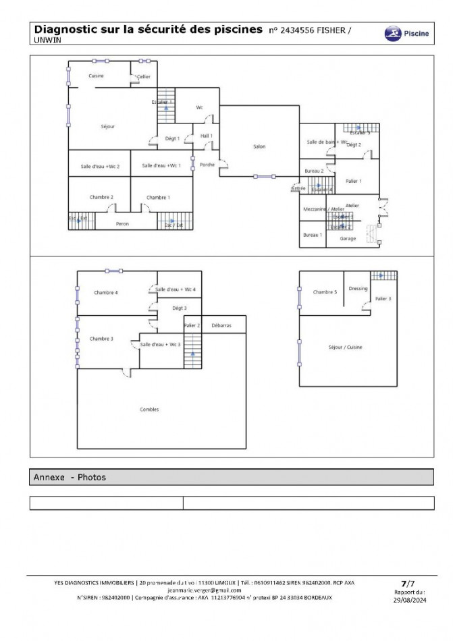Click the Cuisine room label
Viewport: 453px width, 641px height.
96,76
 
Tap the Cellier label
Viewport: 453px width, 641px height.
143,77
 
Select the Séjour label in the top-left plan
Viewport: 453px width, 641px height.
107,126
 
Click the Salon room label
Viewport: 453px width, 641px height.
259,146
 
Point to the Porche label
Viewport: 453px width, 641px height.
207,165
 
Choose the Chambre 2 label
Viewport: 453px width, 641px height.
101,197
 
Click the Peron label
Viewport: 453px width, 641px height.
122,224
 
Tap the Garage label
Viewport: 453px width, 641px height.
348,238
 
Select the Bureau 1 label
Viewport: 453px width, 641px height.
312,235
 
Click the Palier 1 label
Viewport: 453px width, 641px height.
353,181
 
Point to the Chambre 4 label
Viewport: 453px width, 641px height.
106,292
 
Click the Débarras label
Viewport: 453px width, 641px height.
221,325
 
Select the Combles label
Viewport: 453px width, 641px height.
149,410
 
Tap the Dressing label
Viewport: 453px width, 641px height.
358,288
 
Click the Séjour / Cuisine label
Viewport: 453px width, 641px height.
344,347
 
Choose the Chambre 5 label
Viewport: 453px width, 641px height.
325,292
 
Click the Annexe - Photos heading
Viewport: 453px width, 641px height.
70,477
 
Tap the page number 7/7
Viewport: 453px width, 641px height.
406,582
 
